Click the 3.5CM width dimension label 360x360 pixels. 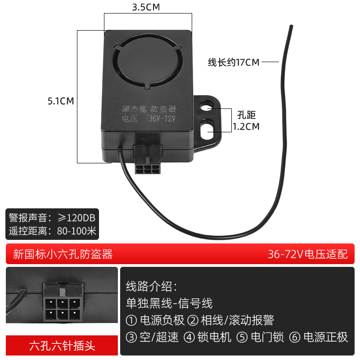(x=146, y=8)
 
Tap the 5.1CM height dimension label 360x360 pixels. (x=61, y=101)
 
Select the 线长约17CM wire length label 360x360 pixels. (x=233, y=63)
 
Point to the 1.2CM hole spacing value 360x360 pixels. (x=246, y=126)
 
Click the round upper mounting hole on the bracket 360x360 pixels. (x=207, y=108)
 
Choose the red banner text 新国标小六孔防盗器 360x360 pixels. (x=63, y=254)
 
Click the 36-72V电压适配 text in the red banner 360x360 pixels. (x=308, y=254)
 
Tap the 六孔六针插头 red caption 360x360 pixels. (x=62, y=346)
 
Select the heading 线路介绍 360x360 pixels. (x=151, y=286)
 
